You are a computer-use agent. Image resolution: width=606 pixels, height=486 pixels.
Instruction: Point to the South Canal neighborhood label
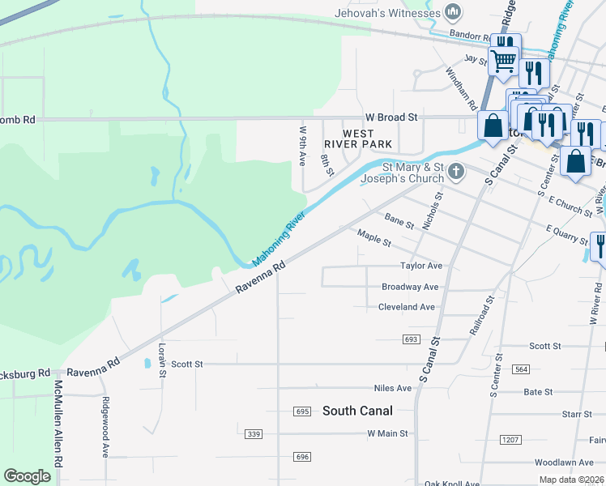357,411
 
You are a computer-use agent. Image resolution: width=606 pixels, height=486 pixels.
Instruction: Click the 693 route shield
410,339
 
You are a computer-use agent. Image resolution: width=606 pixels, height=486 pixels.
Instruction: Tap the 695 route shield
302,411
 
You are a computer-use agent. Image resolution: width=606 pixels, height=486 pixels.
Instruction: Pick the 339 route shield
254,434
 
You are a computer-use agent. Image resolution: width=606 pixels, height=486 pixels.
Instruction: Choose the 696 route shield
302,457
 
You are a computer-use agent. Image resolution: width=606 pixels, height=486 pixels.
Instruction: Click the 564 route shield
521,369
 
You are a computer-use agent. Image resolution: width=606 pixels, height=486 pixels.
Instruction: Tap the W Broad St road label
390,117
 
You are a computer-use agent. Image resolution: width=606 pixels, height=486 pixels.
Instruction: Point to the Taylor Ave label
421,266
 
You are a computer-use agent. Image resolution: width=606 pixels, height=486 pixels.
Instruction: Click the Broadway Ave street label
410,287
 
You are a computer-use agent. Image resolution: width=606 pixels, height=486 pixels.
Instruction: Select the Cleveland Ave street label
407,307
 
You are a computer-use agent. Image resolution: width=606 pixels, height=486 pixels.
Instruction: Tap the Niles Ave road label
393,389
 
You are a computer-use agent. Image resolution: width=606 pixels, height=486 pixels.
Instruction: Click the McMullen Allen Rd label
58,421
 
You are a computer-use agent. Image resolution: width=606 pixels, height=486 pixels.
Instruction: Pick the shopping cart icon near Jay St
503,59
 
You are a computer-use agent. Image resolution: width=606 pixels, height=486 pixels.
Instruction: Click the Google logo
28,476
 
